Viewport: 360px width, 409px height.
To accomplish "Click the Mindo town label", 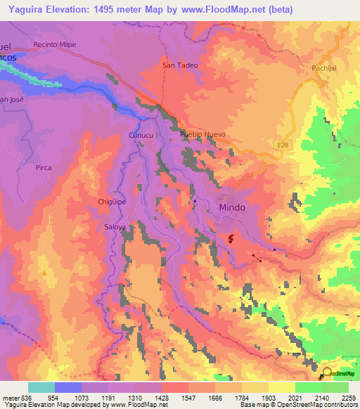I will tap(233, 208).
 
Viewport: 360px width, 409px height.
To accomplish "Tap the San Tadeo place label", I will tap(180, 65).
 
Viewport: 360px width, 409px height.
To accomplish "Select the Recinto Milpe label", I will tap(54, 44).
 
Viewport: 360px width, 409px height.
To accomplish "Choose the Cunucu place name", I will tap(140, 134).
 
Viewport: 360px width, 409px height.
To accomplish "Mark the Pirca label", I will tap(44, 168).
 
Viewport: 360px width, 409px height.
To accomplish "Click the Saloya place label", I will tap(115, 228).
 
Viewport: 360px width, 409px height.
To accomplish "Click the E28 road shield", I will tap(282, 145).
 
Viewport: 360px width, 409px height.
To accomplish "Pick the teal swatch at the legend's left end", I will tap(41, 387).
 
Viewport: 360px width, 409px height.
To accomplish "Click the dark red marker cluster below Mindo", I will tap(231, 240).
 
